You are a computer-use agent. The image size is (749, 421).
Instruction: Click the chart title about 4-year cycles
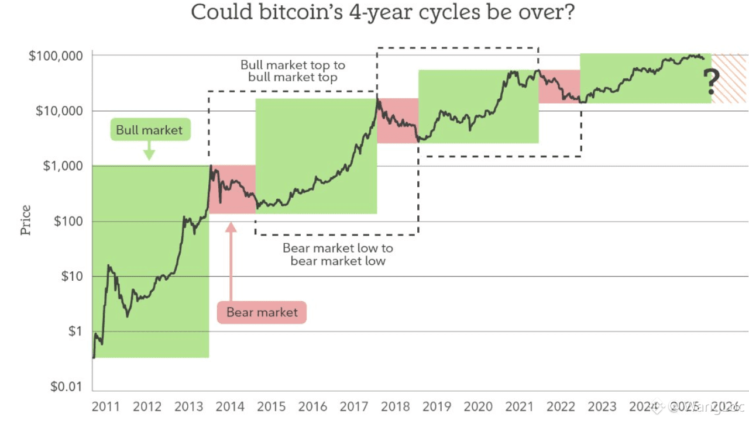[383, 12]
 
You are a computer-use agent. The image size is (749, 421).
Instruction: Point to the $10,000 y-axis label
[58, 111]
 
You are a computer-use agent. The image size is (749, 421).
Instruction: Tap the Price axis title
[26, 220]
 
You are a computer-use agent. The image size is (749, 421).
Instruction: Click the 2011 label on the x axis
[106, 406]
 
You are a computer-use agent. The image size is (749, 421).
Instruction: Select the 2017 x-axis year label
[354, 406]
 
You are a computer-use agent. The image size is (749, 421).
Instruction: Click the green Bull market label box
[149, 130]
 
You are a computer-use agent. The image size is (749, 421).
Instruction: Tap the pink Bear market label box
[262, 312]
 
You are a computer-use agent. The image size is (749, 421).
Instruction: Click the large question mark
[712, 82]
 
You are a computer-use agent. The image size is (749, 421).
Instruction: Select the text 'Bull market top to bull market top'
[293, 71]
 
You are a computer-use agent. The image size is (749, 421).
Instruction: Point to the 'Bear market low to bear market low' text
[338, 254]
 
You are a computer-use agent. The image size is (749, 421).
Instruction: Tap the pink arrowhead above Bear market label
[231, 227]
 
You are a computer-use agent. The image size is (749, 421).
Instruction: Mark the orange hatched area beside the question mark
[729, 78]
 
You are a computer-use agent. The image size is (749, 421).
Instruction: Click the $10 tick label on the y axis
[72, 276]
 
